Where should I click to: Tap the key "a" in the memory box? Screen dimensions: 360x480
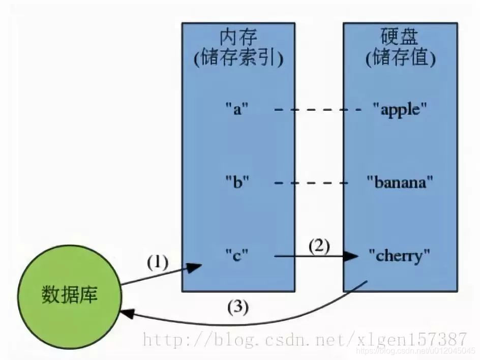236,109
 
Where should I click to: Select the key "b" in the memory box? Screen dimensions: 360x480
237,182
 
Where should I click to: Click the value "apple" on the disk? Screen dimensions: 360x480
400,109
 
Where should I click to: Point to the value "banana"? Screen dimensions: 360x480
400,182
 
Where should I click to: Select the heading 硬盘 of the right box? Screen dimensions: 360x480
400,38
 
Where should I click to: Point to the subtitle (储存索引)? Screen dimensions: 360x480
238,58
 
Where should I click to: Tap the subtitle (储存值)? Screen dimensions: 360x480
400,58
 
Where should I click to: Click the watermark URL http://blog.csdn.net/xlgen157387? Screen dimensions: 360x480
305,339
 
